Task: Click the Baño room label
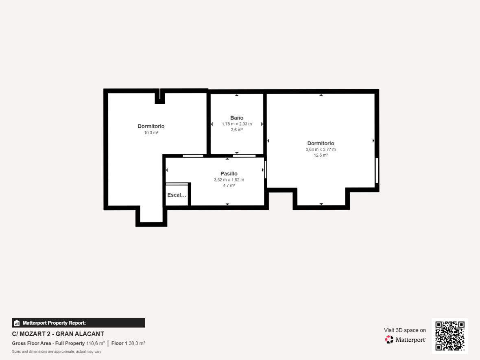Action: [x=237, y=118]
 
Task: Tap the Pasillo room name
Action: [x=229, y=174]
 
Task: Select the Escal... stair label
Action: [x=177, y=195]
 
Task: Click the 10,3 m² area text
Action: [x=151, y=133]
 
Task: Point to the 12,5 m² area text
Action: [x=321, y=155]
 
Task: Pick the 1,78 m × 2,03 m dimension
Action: [x=237, y=124]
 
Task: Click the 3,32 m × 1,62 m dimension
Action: [x=229, y=180]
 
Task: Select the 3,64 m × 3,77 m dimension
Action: [x=321, y=149]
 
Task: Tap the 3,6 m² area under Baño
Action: [x=237, y=130]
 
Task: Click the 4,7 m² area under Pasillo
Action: [x=229, y=185]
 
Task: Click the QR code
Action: [x=450, y=336]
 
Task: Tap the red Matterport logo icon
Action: [x=389, y=340]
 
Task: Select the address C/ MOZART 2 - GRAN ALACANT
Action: [x=58, y=334]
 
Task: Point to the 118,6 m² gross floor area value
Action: [x=96, y=343]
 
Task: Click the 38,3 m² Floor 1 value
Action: [x=137, y=343]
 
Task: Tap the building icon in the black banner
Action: [x=17, y=323]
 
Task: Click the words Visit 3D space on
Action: [x=405, y=330]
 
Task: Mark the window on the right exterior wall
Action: [x=377, y=170]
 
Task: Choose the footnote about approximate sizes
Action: [x=57, y=352]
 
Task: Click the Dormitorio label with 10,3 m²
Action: [x=151, y=126]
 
